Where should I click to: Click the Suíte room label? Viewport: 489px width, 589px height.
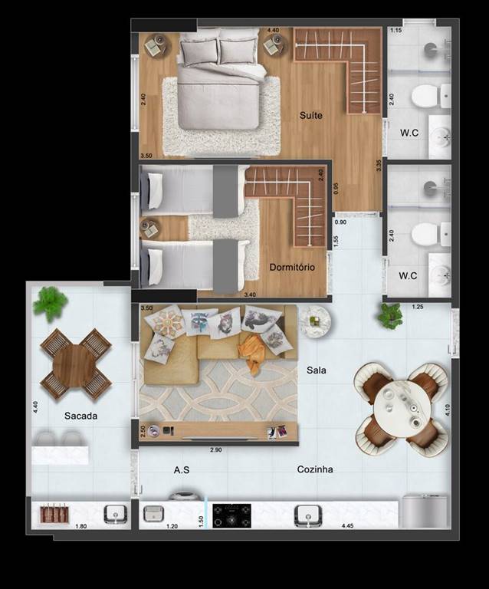(x=310, y=115)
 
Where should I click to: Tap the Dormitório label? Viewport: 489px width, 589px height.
(x=292, y=268)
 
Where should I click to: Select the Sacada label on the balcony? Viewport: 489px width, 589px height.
(x=80, y=416)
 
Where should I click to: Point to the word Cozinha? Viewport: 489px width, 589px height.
(x=315, y=469)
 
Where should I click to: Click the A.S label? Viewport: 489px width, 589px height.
(x=182, y=469)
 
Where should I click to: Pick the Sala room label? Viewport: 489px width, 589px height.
(x=317, y=370)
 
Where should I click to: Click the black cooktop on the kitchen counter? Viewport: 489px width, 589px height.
(x=232, y=515)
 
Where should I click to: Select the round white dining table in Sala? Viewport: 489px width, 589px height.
(x=402, y=409)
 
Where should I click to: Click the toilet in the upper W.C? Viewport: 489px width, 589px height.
(x=426, y=96)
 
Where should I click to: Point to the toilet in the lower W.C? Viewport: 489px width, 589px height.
(x=426, y=234)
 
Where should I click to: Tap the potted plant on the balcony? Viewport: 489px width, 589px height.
(x=50, y=303)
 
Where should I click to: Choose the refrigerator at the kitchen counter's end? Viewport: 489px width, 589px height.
(x=425, y=512)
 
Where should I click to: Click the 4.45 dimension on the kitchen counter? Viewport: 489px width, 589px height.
(x=347, y=526)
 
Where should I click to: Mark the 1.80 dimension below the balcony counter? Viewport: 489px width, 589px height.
(x=81, y=526)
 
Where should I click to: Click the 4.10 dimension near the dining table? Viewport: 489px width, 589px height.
(x=448, y=410)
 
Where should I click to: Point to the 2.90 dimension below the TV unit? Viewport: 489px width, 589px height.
(x=216, y=450)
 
